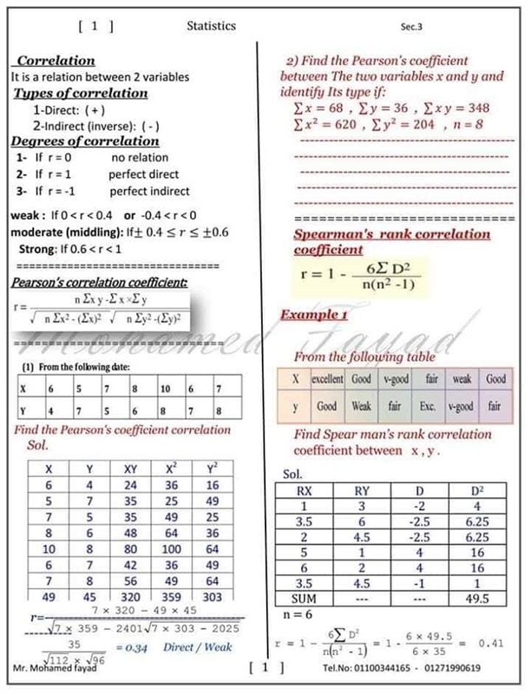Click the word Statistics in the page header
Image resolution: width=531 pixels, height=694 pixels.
tap(211, 26)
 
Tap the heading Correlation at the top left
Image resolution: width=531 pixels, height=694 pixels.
tap(56, 61)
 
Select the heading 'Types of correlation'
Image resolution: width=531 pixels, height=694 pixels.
tap(82, 93)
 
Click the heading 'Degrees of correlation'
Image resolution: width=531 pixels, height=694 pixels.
tap(73, 141)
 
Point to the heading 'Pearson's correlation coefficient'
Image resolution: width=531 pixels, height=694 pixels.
tap(98, 283)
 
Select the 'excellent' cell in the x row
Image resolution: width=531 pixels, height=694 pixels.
tap(328, 379)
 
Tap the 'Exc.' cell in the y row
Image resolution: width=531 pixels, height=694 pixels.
tap(429, 405)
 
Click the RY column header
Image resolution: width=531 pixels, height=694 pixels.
tap(363, 491)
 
